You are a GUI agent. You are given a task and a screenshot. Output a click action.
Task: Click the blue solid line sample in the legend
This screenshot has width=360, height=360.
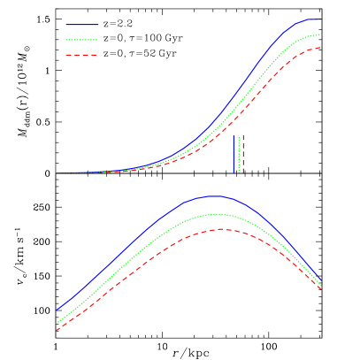(81, 25)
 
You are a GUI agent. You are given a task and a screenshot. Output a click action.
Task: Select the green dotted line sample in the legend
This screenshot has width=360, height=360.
(81, 40)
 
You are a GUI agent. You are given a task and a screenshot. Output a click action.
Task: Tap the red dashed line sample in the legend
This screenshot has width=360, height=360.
(81, 55)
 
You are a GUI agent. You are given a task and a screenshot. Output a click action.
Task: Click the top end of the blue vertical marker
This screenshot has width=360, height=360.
(234, 135)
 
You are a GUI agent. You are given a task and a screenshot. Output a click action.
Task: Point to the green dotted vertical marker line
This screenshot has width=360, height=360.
(239, 154)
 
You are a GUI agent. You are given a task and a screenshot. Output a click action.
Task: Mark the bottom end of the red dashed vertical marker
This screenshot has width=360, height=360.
(242, 172)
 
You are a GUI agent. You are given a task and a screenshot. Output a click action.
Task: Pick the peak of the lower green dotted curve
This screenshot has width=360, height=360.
(218, 214)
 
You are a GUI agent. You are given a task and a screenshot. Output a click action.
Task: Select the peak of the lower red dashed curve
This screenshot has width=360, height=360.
(222, 229)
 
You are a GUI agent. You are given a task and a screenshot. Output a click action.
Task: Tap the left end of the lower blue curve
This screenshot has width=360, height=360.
(57, 310)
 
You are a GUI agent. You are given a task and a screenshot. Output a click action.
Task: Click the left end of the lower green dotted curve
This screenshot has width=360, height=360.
(57, 323)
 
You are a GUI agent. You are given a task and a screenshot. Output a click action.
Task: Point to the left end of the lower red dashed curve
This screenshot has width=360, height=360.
(57, 330)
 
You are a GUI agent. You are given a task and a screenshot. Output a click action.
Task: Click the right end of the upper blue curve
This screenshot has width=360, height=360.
(321, 19)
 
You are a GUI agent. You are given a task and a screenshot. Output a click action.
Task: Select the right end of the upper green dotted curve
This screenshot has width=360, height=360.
(321, 34)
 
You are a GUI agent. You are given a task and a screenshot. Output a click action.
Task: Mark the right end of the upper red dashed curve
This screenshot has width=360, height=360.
(321, 48)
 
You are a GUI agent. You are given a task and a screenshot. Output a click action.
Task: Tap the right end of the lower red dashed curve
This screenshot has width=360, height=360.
(321, 289)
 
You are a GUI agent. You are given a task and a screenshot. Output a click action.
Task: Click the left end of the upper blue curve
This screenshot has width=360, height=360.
(57, 172)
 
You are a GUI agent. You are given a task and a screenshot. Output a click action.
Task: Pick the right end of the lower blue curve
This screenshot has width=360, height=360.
(321, 281)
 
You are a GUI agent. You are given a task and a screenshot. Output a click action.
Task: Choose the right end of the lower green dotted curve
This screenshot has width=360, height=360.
(321, 285)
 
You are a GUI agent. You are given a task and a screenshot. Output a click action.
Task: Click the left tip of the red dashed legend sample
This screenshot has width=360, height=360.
(66, 55)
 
